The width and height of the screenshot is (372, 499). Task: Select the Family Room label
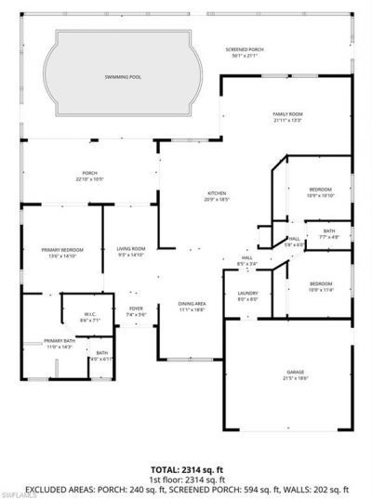[x=288, y=116]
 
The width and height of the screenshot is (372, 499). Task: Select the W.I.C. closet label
[x=90, y=316]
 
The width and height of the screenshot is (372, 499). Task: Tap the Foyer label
[x=136, y=310]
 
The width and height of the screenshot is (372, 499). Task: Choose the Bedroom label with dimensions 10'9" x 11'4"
[x=320, y=285]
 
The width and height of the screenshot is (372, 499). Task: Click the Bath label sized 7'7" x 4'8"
[x=329, y=233]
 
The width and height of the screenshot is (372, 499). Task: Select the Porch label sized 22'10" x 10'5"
[x=90, y=175]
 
